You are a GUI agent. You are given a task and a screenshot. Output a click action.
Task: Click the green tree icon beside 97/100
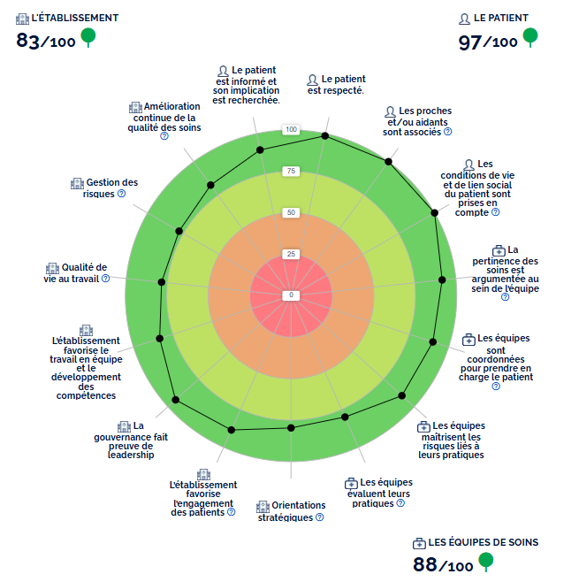tap(529, 37)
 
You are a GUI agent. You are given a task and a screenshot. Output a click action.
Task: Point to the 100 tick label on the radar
tap(291, 131)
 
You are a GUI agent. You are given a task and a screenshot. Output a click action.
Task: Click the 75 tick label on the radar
tap(291, 172)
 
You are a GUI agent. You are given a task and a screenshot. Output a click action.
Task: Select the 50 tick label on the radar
tap(291, 213)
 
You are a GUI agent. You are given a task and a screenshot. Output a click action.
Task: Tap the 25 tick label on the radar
tap(291, 254)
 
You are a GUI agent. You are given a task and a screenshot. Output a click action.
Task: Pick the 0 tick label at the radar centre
tap(291, 295)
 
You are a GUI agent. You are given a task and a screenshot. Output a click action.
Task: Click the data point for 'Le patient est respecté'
tap(325, 136)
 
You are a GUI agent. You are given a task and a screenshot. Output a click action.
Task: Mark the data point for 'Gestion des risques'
tap(179, 232)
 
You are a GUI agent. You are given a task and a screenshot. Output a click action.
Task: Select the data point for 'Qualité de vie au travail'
tap(161, 282)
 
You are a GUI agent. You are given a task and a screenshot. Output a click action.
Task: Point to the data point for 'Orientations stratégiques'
tap(291, 428)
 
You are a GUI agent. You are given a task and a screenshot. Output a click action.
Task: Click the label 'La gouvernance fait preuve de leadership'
tap(130, 440)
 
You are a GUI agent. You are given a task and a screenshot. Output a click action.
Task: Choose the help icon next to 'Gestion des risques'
tap(121, 194)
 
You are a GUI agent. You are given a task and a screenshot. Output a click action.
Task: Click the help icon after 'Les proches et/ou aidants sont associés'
tap(448, 132)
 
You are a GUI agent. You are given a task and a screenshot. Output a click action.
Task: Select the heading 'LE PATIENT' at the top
tap(501, 18)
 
